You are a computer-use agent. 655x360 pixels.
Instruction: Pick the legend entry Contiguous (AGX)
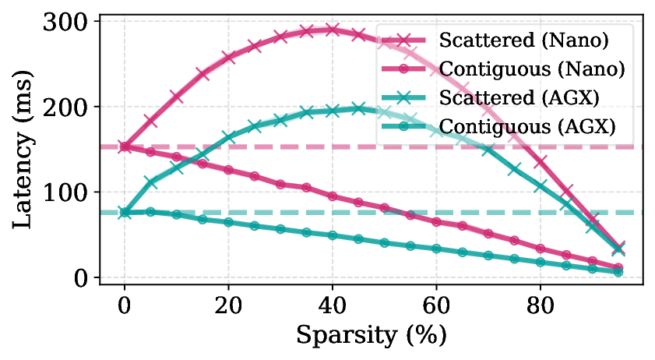526,125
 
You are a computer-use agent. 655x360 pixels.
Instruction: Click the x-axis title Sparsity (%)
371,335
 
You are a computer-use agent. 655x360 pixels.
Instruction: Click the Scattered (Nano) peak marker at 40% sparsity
333,30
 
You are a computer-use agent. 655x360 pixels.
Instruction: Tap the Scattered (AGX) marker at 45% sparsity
358,108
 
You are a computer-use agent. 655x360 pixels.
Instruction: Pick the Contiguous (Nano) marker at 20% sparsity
228,170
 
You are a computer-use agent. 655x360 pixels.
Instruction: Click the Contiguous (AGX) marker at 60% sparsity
436,249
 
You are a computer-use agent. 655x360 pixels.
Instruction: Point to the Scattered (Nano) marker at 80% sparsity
541,162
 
